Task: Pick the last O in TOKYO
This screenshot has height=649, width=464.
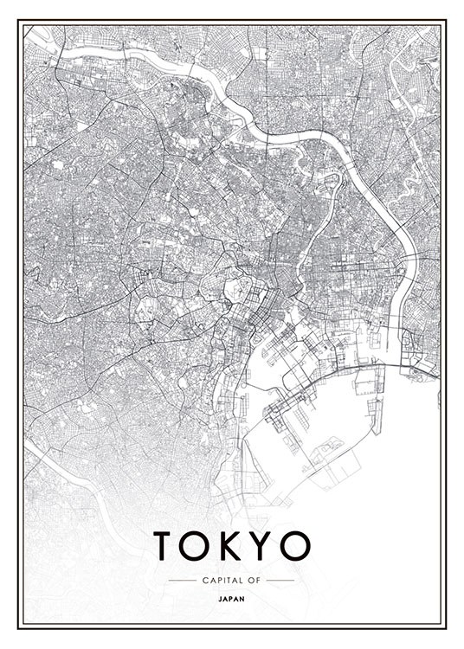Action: pos(294,545)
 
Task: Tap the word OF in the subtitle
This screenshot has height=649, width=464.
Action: pos(254,580)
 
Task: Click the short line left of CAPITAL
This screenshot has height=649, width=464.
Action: pos(182,580)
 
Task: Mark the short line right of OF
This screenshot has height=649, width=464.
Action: pos(280,580)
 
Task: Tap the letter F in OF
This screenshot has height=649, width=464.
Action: pos(258,580)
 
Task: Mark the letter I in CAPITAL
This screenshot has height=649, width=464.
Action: pos(221,580)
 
